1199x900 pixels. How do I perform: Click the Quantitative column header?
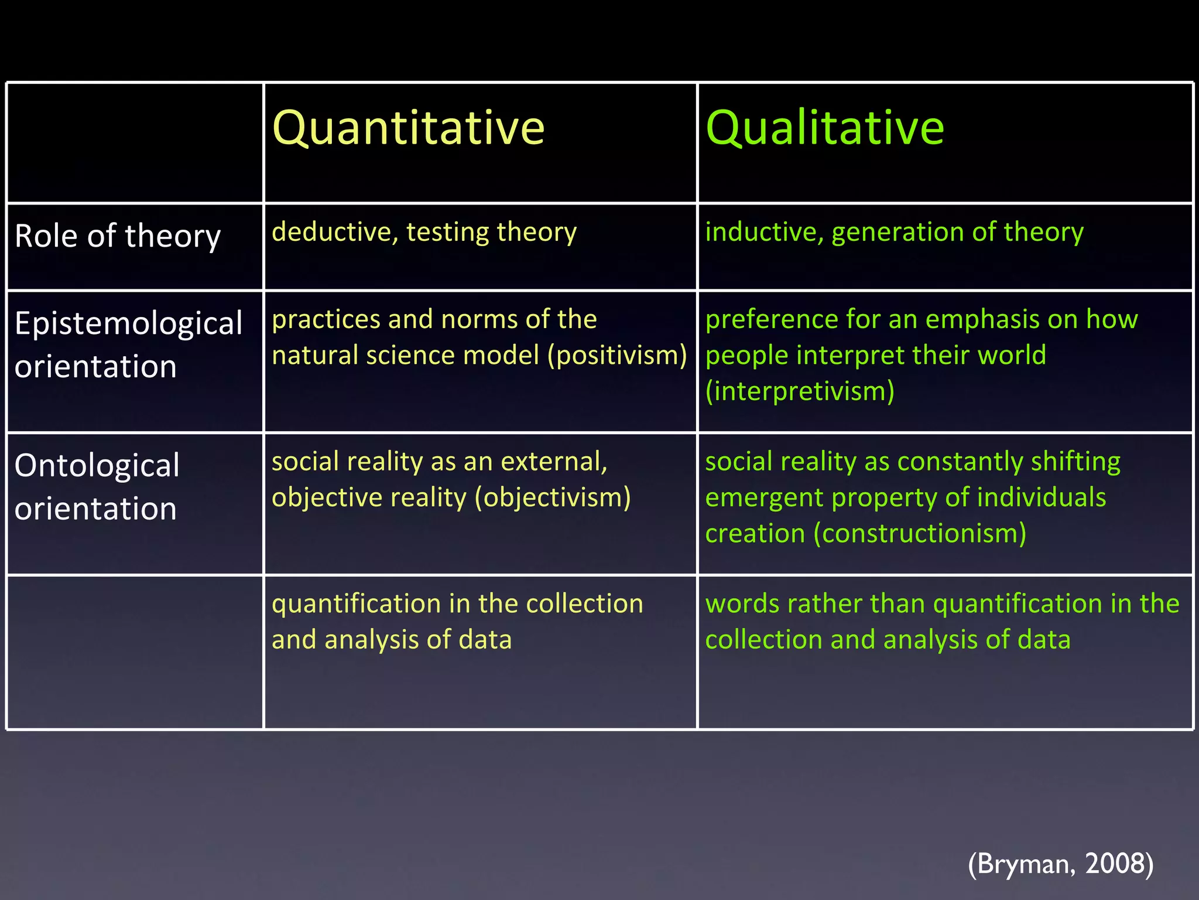point(408,128)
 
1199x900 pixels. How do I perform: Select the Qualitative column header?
point(824,128)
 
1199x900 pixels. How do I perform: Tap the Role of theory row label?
point(118,236)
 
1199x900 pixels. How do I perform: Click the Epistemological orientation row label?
point(128,345)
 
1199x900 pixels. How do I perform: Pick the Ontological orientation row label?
point(97,487)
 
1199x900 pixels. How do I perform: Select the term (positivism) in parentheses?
point(617,356)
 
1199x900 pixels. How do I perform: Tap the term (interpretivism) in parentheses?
point(800,391)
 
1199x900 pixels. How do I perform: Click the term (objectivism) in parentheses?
point(553,498)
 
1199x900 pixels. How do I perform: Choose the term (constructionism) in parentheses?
point(920,534)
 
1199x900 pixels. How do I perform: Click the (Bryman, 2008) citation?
point(1060,864)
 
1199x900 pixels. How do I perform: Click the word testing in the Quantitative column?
point(446,232)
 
